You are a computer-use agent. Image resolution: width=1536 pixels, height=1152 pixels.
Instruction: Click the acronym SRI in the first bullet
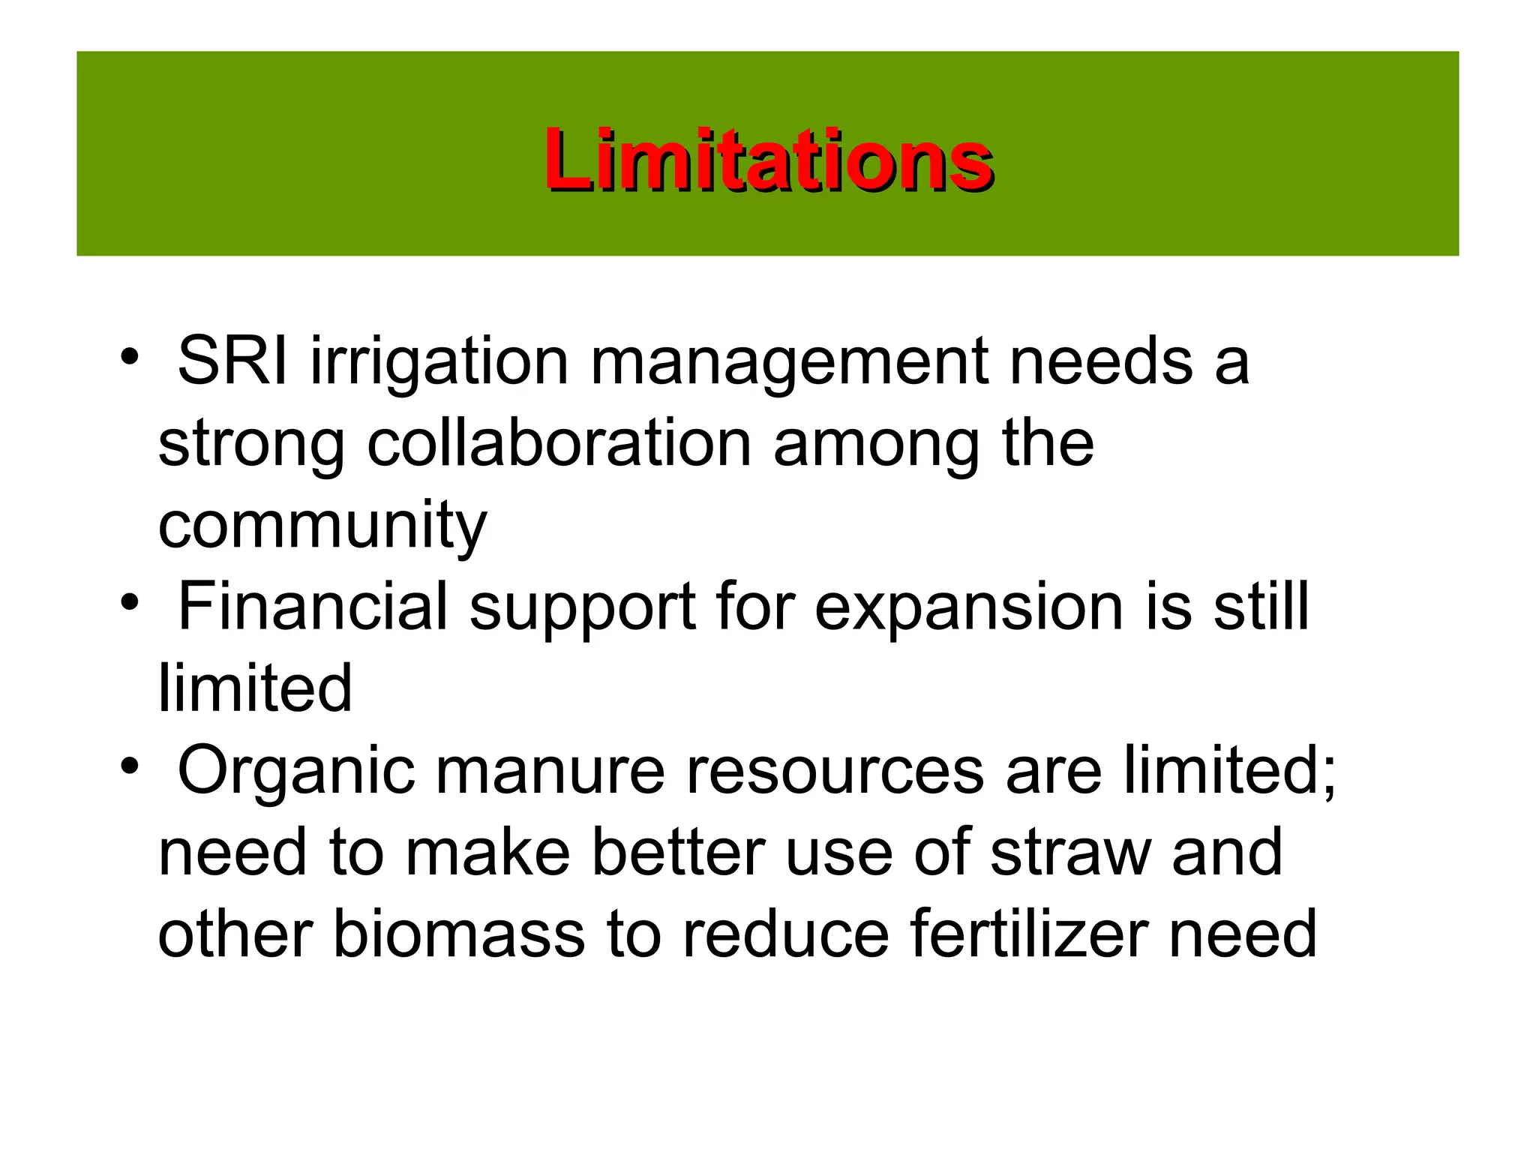coord(232,361)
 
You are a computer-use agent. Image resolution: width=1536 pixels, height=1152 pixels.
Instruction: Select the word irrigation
coord(439,363)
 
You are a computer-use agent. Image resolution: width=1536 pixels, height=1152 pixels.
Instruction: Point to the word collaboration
coord(559,443)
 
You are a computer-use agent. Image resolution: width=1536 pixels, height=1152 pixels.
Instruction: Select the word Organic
coord(296,772)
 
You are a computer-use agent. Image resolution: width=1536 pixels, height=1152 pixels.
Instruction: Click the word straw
coord(1070,853)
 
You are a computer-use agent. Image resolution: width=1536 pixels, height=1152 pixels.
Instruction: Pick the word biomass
coord(458,934)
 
